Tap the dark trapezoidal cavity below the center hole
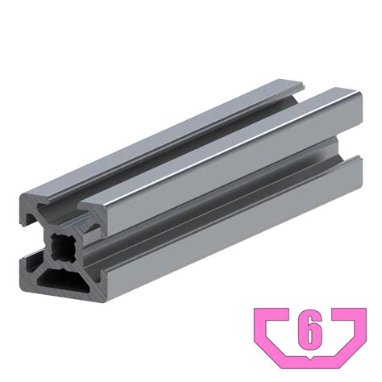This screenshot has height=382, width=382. [x=64, y=280]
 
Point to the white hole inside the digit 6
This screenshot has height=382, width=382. [x=310, y=334]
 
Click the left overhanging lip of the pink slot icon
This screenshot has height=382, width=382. [x=272, y=314]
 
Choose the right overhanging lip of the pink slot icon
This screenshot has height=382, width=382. [x=349, y=314]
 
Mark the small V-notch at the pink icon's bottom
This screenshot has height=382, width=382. [x=310, y=358]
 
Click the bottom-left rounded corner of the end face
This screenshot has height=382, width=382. [x=22, y=293]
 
